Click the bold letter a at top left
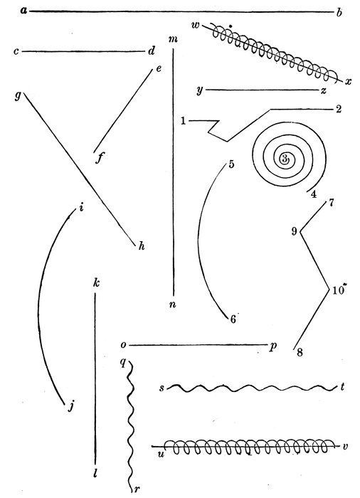(x=23, y=11)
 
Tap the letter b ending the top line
(x=339, y=13)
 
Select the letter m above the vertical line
(x=174, y=39)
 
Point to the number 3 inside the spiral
(x=285, y=157)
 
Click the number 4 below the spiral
(x=314, y=194)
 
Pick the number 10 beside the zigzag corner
(x=339, y=290)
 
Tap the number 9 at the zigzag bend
(x=295, y=231)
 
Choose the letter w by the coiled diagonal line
(x=196, y=25)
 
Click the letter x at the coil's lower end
(x=348, y=82)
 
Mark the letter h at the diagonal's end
(x=142, y=246)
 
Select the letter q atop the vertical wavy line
(x=123, y=363)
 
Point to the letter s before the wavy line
(x=162, y=388)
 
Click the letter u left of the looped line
(x=162, y=454)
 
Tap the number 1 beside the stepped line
(x=184, y=121)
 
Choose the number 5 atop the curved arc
(x=231, y=164)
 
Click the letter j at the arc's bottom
(x=71, y=406)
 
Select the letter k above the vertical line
(x=96, y=282)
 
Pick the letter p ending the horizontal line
(x=272, y=346)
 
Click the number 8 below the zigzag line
(x=300, y=353)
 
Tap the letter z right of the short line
(x=323, y=91)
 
